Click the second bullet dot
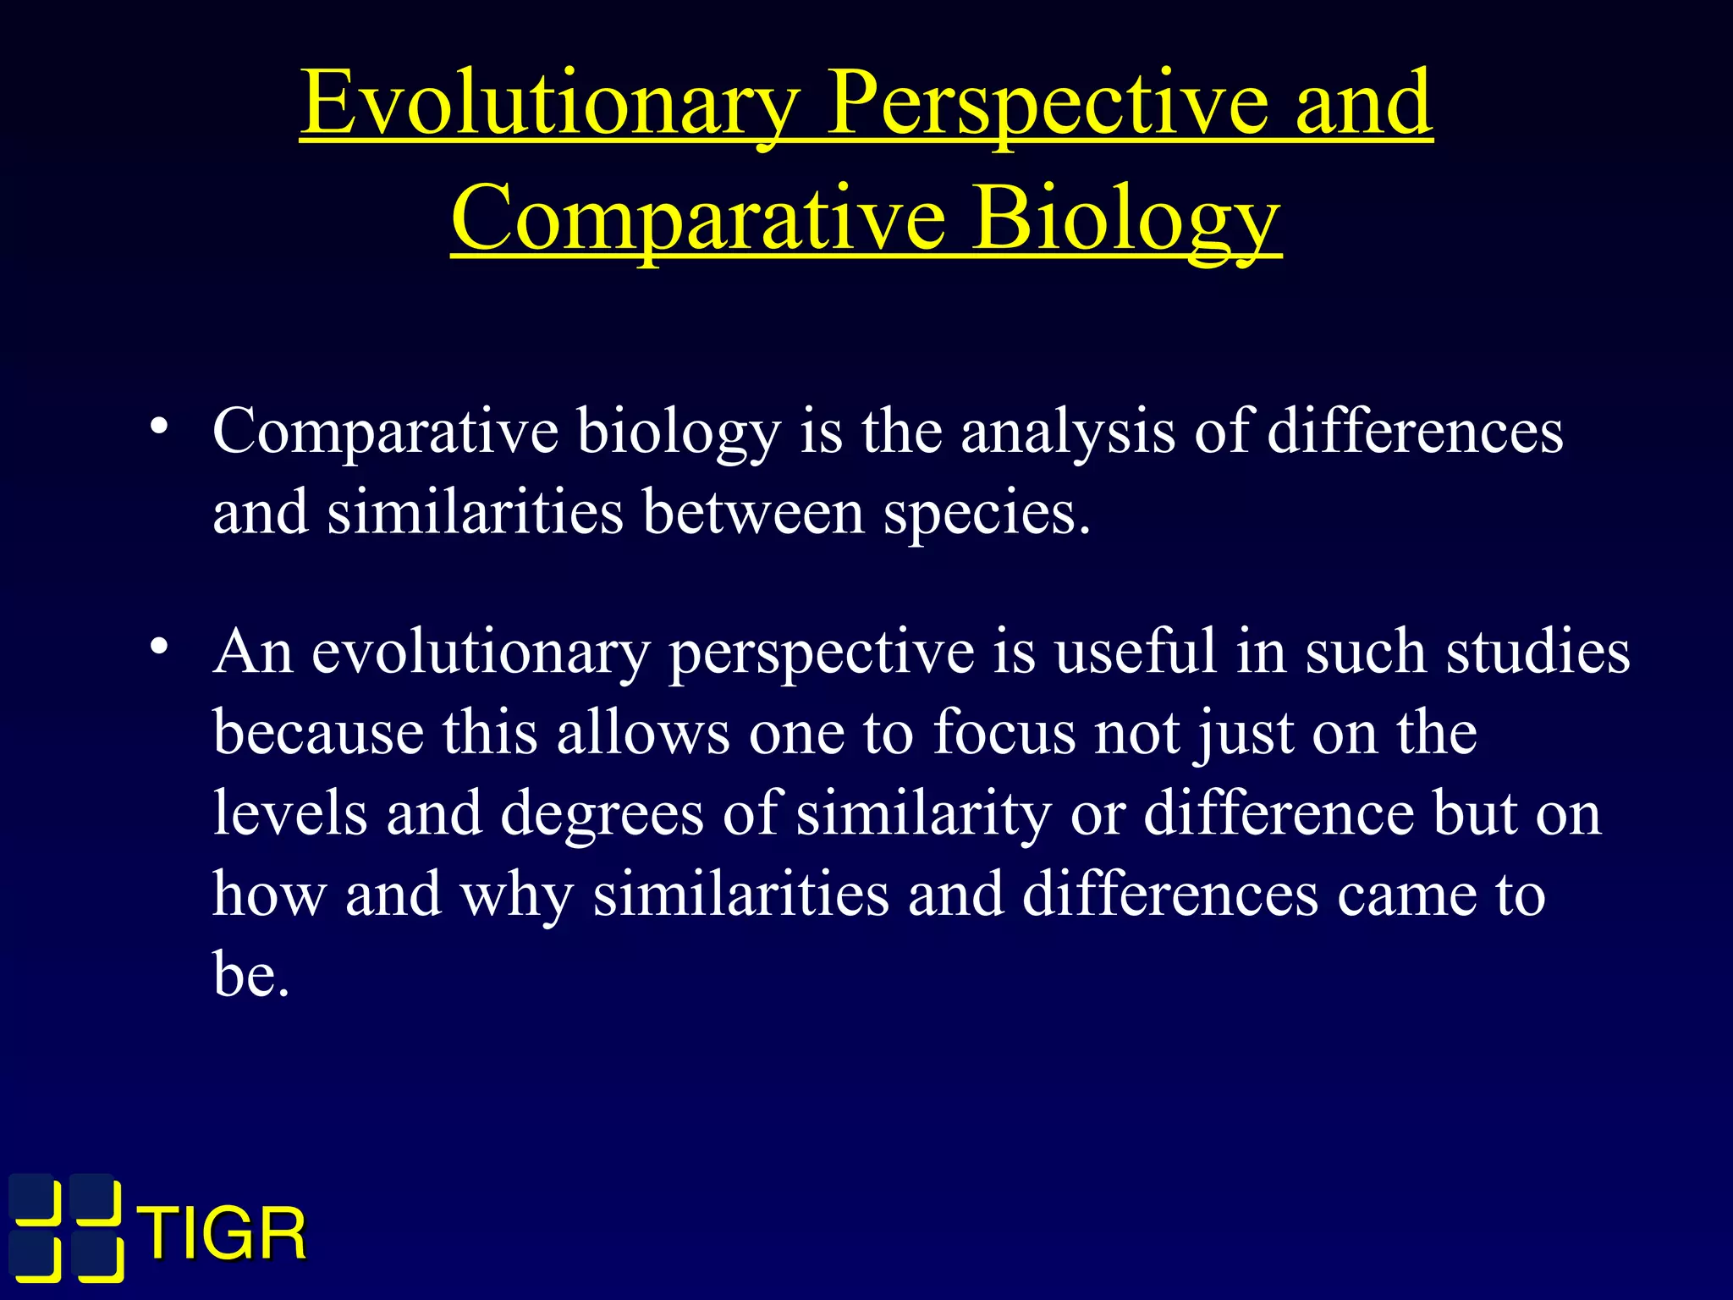click(157, 647)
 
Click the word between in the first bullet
click(753, 513)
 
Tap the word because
click(318, 732)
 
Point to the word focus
click(1004, 732)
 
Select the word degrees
click(602, 814)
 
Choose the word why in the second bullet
click(516, 895)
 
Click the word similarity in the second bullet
click(923, 814)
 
